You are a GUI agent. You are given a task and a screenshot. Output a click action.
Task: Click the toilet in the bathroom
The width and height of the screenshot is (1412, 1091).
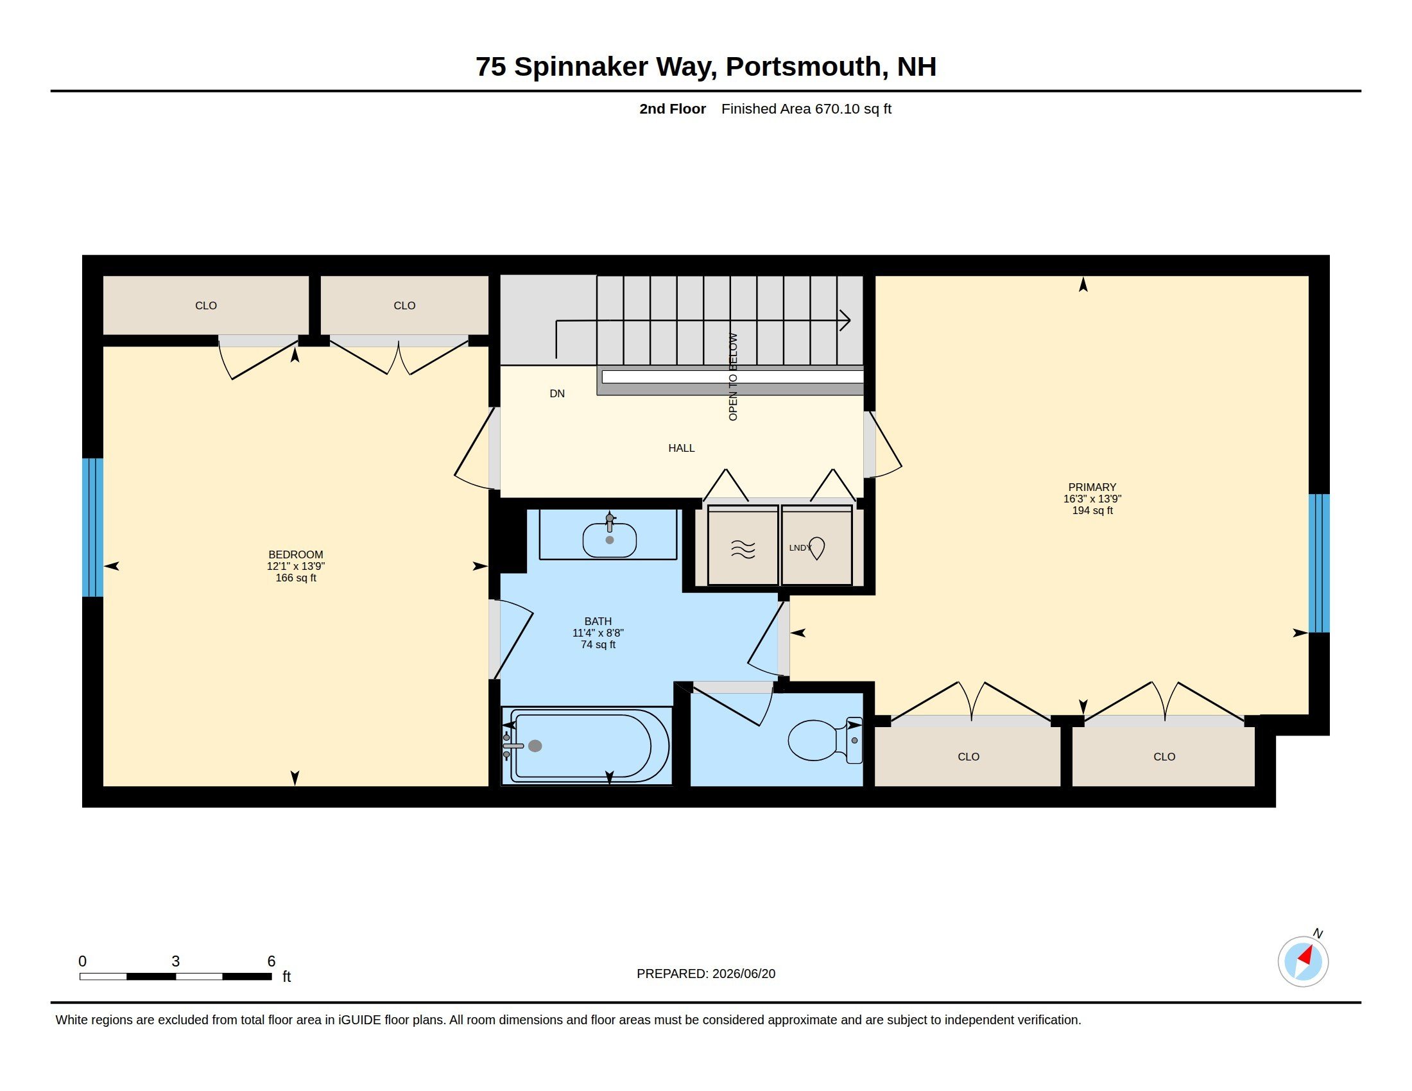[825, 740]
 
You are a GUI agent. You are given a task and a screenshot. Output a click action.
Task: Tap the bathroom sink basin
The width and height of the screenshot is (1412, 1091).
[609, 540]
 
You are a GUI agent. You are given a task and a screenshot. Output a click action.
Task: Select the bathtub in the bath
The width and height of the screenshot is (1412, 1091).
[586, 745]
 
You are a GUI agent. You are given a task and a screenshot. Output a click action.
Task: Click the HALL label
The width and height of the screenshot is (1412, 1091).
[682, 448]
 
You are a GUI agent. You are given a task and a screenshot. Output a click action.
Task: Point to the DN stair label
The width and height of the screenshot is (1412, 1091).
[556, 393]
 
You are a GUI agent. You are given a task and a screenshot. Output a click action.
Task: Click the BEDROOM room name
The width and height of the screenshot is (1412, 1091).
[295, 554]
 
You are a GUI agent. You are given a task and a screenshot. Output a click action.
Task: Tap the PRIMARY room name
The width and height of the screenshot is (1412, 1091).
[1092, 487]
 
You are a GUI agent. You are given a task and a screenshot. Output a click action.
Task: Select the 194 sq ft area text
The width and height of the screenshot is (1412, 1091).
[1092, 511]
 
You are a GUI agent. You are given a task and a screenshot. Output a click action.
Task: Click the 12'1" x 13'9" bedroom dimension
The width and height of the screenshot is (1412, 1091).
[295, 566]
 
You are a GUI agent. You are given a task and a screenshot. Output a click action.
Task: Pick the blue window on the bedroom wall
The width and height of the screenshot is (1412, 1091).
[92, 528]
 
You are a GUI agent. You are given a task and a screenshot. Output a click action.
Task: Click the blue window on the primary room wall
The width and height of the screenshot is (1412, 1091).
[1319, 563]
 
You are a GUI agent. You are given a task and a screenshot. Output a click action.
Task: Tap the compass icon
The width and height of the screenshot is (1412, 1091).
[1303, 961]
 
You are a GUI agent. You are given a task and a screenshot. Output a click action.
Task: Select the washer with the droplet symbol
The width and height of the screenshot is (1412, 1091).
[816, 546]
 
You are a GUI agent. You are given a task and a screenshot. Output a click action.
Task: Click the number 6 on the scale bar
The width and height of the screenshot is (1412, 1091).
[271, 961]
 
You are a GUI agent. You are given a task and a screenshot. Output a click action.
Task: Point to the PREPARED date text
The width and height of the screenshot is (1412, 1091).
[706, 974]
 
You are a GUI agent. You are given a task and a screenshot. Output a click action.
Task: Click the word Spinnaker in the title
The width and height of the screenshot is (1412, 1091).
[581, 67]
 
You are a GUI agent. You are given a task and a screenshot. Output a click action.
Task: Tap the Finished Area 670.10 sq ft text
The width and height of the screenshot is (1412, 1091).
[806, 108]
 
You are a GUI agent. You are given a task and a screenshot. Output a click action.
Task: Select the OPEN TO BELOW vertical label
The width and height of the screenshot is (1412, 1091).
[733, 377]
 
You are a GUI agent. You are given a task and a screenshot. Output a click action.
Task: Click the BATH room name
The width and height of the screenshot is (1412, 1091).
[598, 621]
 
